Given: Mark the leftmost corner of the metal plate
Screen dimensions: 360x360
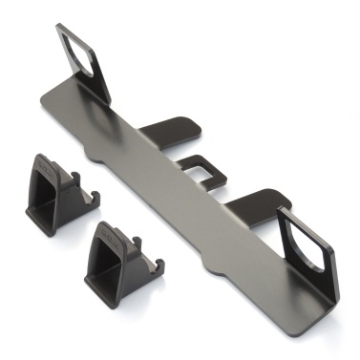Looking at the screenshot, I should click(x=41, y=103).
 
